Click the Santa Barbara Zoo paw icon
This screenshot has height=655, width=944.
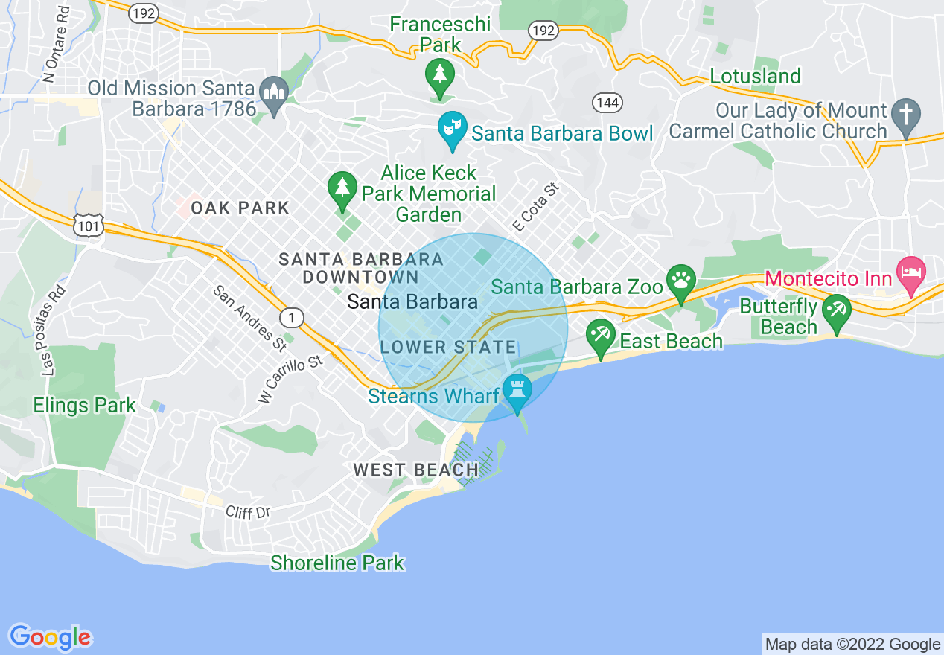click(680, 281)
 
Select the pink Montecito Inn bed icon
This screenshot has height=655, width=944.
click(910, 269)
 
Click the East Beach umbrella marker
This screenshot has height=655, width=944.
click(600, 335)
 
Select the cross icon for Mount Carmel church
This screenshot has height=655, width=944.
click(906, 115)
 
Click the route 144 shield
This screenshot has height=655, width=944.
click(607, 103)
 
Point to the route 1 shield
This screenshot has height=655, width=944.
click(292, 318)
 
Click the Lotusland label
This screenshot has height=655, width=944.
click(755, 76)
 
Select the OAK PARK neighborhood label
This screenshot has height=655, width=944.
click(240, 208)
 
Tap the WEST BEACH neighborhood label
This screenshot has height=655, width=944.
click(416, 470)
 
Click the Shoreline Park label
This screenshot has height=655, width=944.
click(337, 563)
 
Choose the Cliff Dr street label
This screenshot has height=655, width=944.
click(248, 512)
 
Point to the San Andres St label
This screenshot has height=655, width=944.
click(250, 319)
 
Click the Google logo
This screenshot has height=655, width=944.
click(50, 637)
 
